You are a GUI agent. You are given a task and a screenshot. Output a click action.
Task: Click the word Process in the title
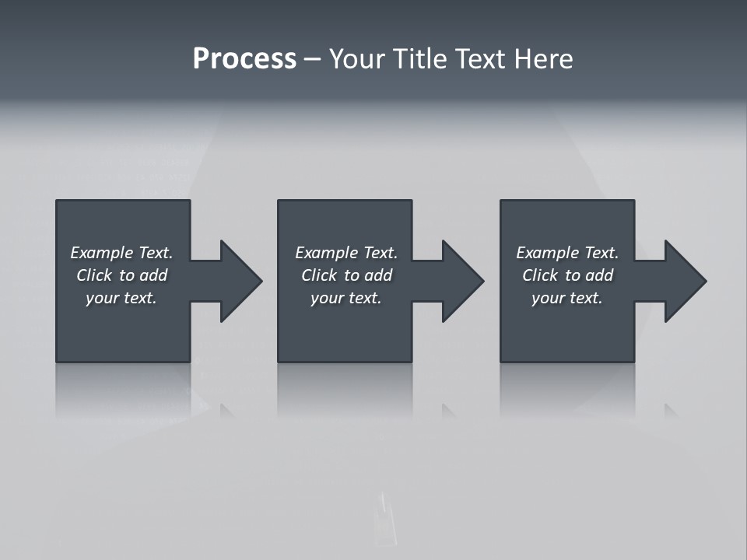point(244,59)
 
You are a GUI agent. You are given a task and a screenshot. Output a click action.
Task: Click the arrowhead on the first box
point(240,281)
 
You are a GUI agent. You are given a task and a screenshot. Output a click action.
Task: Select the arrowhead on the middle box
point(461,281)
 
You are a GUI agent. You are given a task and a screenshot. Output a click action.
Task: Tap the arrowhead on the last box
point(684,281)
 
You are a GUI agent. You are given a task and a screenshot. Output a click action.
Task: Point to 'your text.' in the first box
point(121,298)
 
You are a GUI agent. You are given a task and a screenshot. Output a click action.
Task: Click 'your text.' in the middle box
point(346,298)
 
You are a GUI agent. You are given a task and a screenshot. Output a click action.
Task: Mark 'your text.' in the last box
point(567,298)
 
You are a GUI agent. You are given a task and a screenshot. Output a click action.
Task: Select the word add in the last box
point(600,275)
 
